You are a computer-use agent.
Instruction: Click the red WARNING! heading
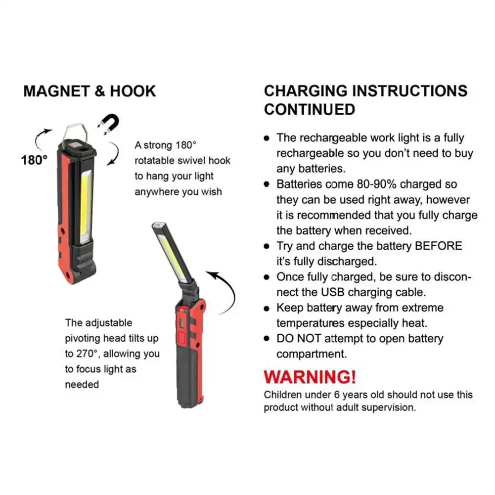point(310,377)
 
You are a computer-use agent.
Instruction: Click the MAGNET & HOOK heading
point(90,91)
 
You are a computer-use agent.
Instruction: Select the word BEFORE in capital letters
point(438,246)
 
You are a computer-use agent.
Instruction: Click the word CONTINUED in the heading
point(310,109)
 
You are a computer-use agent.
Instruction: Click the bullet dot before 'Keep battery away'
point(267,308)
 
